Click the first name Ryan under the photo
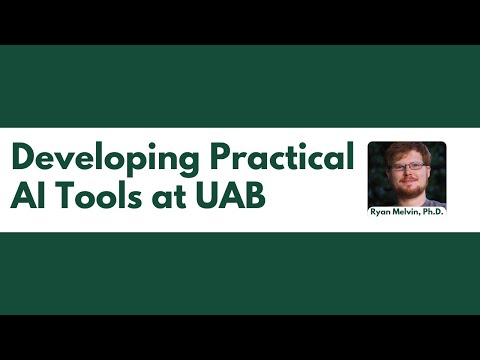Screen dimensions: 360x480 [382, 212]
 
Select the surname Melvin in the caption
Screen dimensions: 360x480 [408, 212]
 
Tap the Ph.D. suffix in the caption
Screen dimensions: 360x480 [435, 212]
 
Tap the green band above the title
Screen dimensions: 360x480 [240, 86]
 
